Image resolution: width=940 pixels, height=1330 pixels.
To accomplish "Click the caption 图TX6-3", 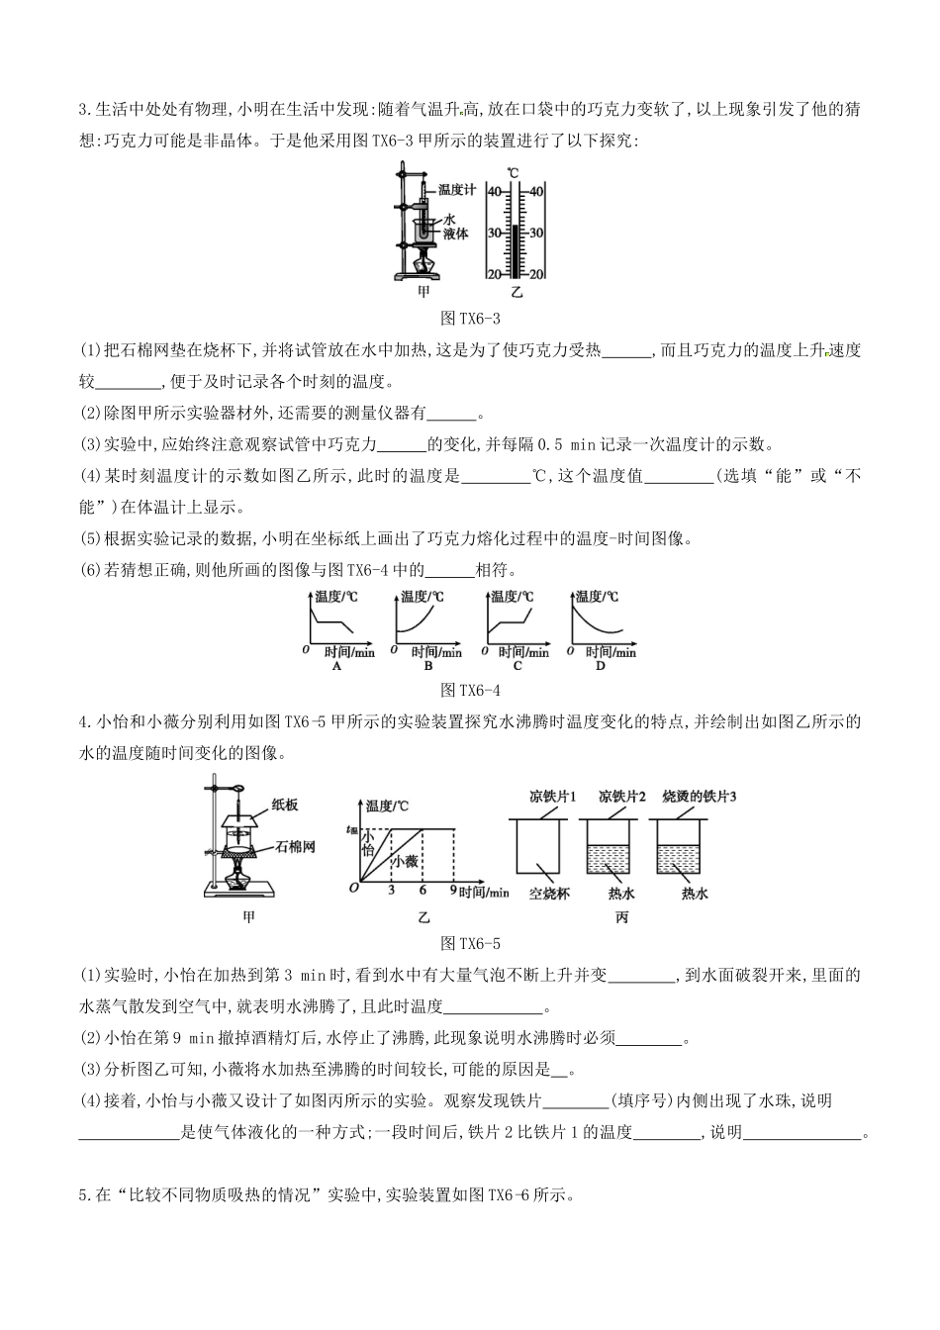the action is point(470,319).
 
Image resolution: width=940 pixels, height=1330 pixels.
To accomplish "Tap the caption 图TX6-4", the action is point(470,690).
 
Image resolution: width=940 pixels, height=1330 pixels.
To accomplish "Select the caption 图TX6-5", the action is point(470,943).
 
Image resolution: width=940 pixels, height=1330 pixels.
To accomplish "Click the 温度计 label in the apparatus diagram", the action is point(456,189).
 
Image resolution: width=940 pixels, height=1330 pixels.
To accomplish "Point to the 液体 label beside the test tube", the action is point(455,234).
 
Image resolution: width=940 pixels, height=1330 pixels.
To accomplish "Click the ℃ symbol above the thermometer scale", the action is point(513,172).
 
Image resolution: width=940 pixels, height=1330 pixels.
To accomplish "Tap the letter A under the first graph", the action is point(336,666).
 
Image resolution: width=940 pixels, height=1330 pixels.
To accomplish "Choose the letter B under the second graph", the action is point(426,666).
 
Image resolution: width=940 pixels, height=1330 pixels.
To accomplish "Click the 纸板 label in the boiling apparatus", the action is point(284,805).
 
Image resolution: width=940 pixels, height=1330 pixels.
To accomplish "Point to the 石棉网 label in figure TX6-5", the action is point(295,848).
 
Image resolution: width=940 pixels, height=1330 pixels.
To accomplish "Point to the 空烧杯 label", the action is point(549,893).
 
